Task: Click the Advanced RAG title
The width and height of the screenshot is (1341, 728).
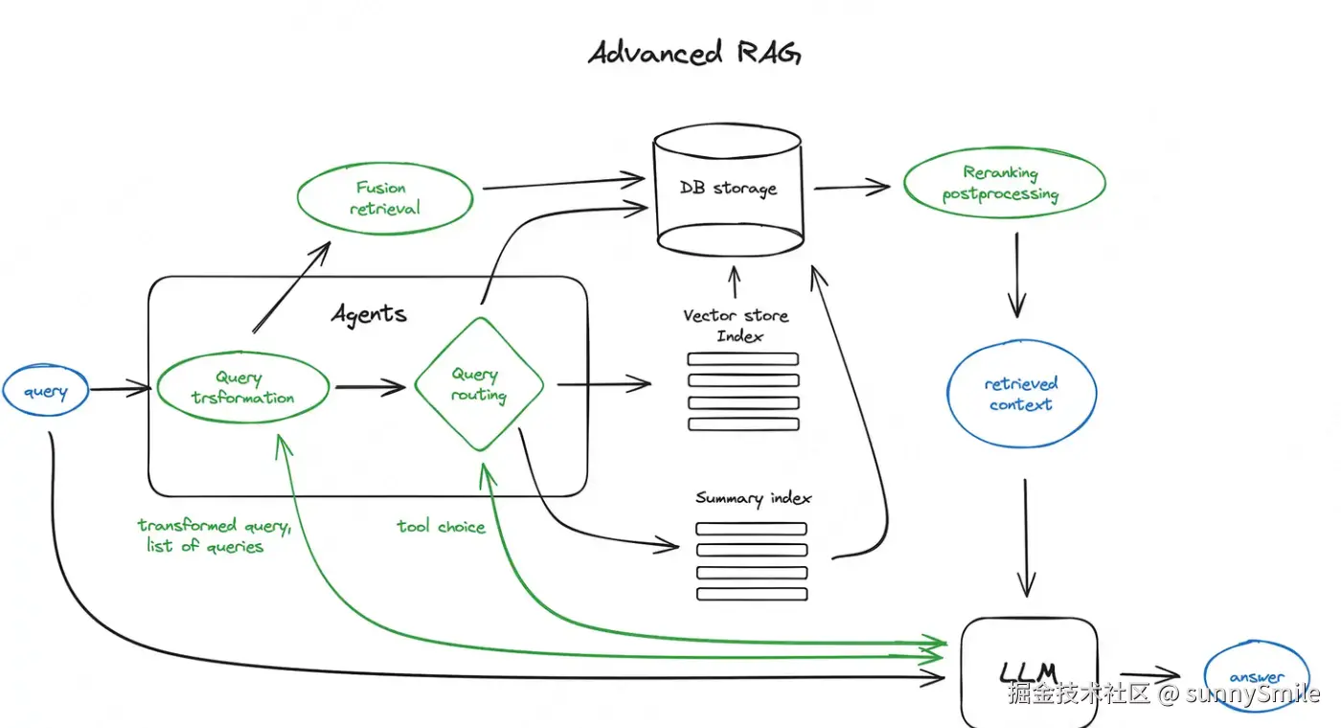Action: (693, 53)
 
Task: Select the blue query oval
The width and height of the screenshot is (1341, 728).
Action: (46, 392)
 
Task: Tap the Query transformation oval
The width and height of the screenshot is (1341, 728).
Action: (243, 389)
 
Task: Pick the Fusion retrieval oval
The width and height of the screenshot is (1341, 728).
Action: (385, 198)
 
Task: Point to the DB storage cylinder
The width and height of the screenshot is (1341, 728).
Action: (728, 188)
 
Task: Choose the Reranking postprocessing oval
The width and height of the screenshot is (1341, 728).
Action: (1004, 183)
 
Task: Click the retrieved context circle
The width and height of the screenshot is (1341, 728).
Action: (1021, 395)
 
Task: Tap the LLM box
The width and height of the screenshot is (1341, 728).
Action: (1028, 670)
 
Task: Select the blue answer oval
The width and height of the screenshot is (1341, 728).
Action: (1257, 676)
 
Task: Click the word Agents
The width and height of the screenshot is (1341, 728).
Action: (369, 314)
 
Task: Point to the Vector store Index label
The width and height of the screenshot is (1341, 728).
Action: (736, 326)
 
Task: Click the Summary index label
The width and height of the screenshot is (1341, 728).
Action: (753, 498)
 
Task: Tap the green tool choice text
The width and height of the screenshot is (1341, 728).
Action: (442, 527)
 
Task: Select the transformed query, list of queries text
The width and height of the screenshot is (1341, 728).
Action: (213, 535)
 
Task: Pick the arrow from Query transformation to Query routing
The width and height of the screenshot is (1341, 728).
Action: (371, 388)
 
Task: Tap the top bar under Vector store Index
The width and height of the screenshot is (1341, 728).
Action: (743, 359)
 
